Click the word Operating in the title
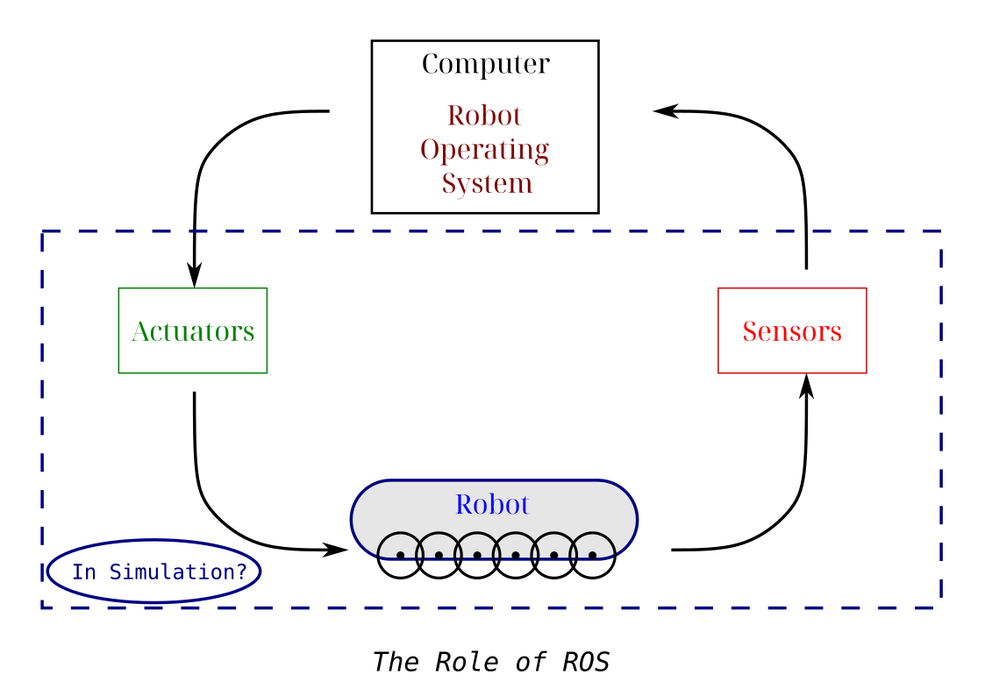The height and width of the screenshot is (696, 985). click(x=484, y=150)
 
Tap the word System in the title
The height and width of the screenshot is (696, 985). click(x=487, y=184)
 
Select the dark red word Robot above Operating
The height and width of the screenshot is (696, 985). click(x=484, y=116)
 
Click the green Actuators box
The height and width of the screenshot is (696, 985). click(x=193, y=330)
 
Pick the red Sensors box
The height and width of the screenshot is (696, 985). click(x=792, y=330)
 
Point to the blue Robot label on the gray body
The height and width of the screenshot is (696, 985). click(x=492, y=505)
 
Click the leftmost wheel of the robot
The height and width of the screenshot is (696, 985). click(x=400, y=546)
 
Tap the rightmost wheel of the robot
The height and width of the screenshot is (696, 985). click(x=593, y=546)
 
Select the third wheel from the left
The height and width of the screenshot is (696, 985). click(x=477, y=546)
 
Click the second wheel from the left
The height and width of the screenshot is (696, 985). click(x=439, y=546)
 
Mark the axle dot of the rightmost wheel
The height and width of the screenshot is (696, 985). click(x=593, y=555)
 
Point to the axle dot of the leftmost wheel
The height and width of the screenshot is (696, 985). click(x=400, y=555)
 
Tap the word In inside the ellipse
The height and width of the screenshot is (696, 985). click(x=83, y=572)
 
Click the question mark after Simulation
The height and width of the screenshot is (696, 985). click(x=243, y=572)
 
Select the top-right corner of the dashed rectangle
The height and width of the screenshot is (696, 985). click(x=941, y=231)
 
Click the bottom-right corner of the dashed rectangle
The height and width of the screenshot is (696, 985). click(x=941, y=607)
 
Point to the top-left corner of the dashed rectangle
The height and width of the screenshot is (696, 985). click(x=42, y=231)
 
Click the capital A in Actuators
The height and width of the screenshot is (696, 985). click(x=139, y=331)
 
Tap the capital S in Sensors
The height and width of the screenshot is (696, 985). click(x=750, y=331)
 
